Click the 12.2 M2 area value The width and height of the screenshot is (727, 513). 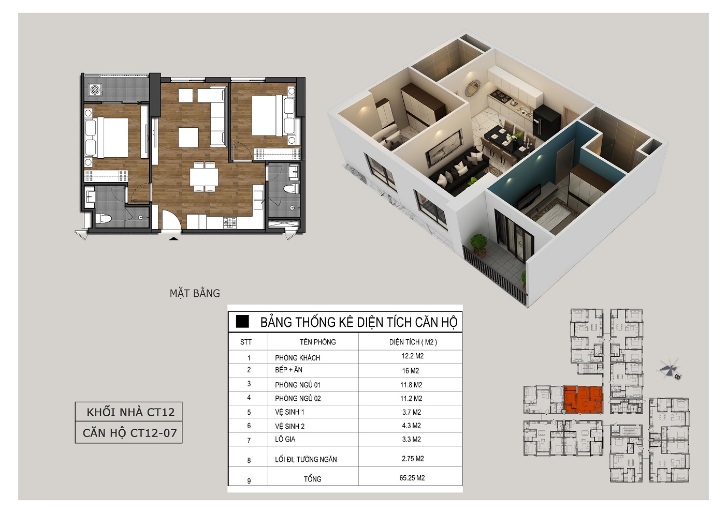point(413,356)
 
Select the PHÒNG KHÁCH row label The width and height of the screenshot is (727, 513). point(297,358)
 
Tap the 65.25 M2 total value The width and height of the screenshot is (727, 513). point(412,478)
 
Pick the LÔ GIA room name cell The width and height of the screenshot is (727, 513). point(285,440)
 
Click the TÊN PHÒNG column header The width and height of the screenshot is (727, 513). point(318,342)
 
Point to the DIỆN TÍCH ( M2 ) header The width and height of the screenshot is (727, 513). point(413,342)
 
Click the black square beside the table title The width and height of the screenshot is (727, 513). point(242,322)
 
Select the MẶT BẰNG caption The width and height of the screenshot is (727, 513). point(195,293)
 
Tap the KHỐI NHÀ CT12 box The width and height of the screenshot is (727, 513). point(129,412)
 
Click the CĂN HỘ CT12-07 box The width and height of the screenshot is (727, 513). point(129,433)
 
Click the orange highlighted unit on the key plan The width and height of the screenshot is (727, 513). point(583,400)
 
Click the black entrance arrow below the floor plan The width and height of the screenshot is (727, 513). point(174,239)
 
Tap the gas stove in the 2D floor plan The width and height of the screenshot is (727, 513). point(230,222)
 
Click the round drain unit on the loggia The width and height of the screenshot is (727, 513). point(96,90)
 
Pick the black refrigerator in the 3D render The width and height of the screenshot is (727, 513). point(546,123)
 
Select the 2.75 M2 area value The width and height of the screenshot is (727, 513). point(413,459)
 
